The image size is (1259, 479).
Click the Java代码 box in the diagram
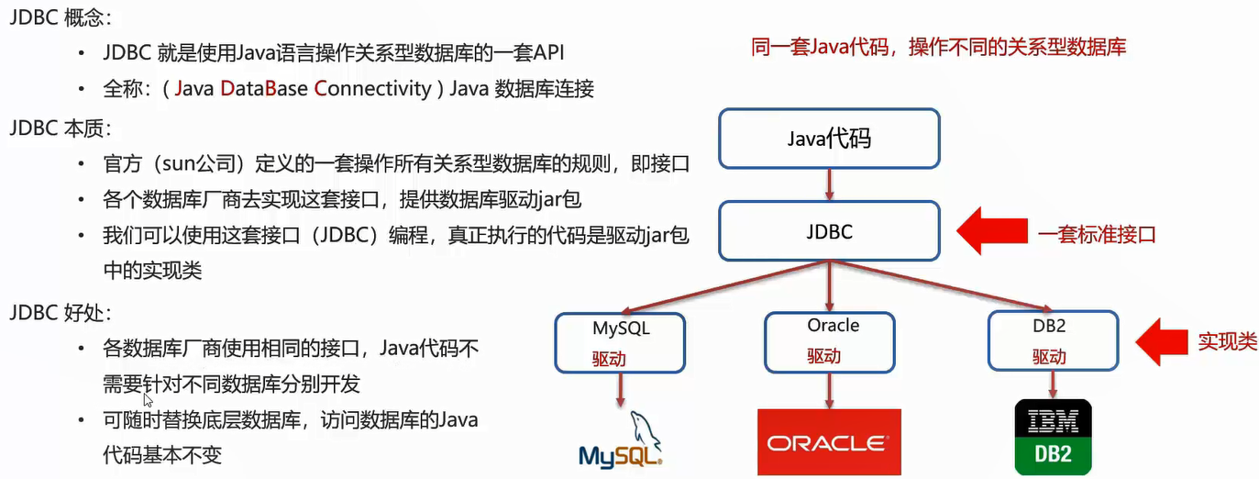pyautogui.click(x=829, y=139)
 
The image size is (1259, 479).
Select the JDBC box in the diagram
pyautogui.click(x=829, y=231)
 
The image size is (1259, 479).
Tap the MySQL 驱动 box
pyautogui.click(x=621, y=341)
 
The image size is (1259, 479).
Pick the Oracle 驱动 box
pyautogui.click(x=833, y=340)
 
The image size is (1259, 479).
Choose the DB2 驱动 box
pyautogui.click(x=1053, y=340)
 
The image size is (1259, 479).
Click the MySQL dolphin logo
pyautogui.click(x=621, y=440)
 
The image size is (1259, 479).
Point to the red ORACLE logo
pyautogui.click(x=829, y=442)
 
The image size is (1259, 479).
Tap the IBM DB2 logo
pyautogui.click(x=1054, y=437)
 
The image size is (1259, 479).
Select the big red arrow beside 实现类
pyautogui.click(x=1162, y=341)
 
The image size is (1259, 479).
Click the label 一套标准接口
pyautogui.click(x=1097, y=234)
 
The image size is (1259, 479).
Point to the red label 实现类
pyautogui.click(x=1227, y=341)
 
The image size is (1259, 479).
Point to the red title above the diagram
pyautogui.click(x=938, y=48)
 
